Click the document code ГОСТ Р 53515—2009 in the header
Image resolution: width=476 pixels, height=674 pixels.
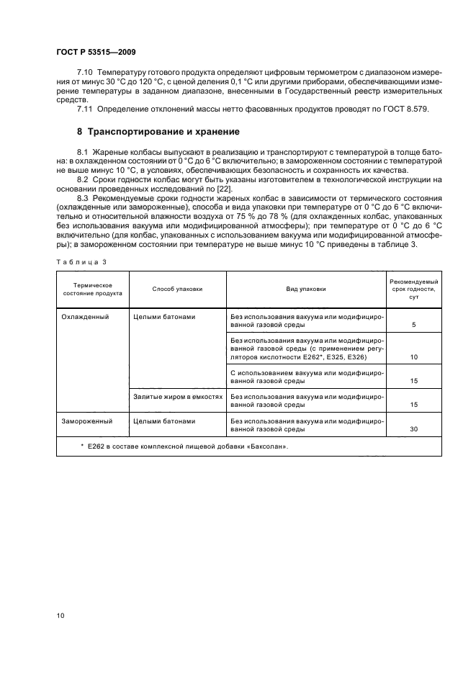click(x=96, y=53)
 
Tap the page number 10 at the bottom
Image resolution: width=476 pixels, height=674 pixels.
click(x=61, y=615)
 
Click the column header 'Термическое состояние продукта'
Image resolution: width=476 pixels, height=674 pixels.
click(x=92, y=289)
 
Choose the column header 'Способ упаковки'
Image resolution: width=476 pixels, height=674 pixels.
click(x=177, y=289)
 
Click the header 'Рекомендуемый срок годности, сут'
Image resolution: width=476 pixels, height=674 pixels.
click(x=414, y=289)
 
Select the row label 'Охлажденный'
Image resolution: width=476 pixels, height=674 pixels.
click(x=85, y=316)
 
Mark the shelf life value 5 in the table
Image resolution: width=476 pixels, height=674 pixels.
click(x=414, y=325)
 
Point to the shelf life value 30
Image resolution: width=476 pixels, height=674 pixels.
click(x=414, y=429)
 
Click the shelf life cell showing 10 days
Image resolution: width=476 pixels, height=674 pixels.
click(x=414, y=357)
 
